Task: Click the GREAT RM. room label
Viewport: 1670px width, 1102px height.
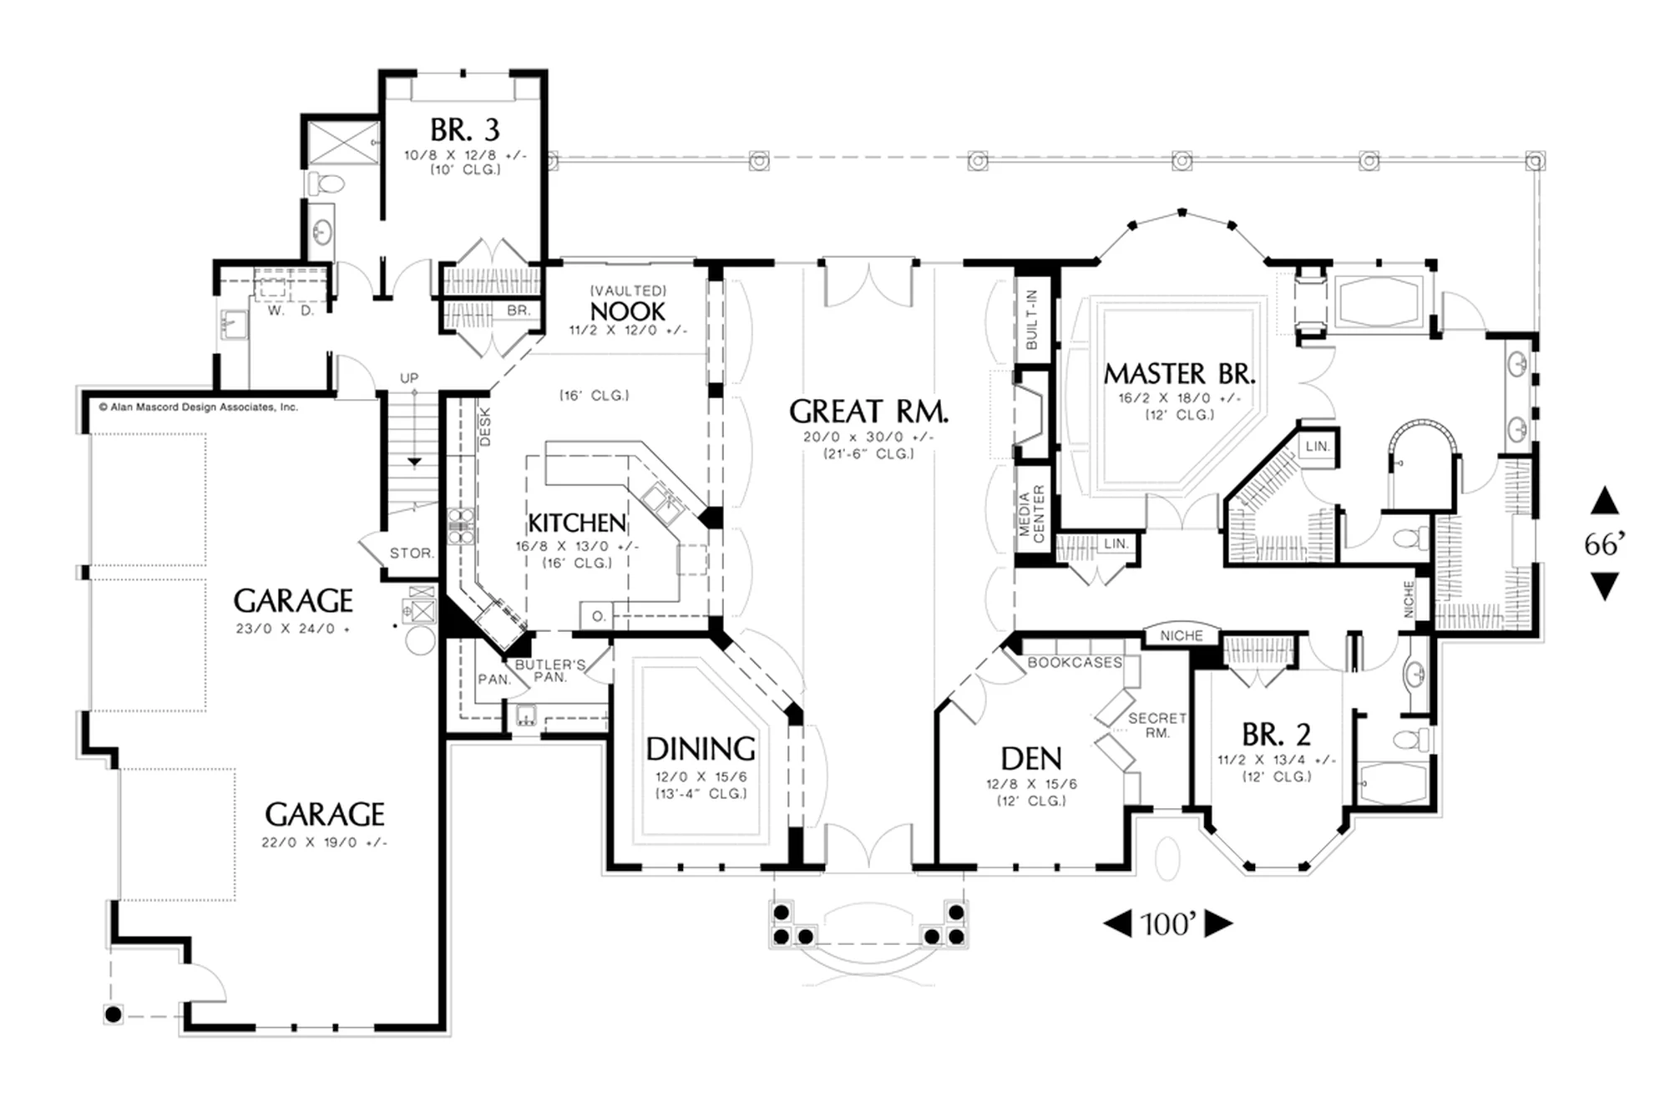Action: pyautogui.click(x=868, y=412)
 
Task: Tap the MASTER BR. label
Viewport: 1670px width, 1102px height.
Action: pyautogui.click(x=1179, y=373)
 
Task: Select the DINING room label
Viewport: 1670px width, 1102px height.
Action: pyautogui.click(x=701, y=749)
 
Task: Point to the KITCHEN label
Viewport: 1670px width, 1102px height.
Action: pyautogui.click(x=577, y=523)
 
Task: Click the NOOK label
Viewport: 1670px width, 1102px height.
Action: pyautogui.click(x=628, y=311)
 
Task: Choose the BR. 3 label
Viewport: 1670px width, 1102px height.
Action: pyautogui.click(x=465, y=130)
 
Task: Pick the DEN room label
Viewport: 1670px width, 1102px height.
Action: pyautogui.click(x=1031, y=759)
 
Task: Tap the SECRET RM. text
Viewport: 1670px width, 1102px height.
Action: pyautogui.click(x=1157, y=725)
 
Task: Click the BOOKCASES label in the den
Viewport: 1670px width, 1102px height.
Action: pyautogui.click(x=1075, y=662)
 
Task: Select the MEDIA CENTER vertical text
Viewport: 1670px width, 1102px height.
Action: pyautogui.click(x=1032, y=513)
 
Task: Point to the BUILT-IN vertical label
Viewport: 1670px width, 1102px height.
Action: pyautogui.click(x=1031, y=320)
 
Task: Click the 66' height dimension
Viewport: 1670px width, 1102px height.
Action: pyautogui.click(x=1604, y=544)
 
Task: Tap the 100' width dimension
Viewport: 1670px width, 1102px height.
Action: pyautogui.click(x=1168, y=923)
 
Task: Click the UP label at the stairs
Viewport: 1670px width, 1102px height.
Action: pyautogui.click(x=409, y=378)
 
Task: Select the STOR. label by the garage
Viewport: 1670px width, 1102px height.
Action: pyautogui.click(x=412, y=554)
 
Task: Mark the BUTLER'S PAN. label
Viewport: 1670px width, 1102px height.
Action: pyautogui.click(x=549, y=670)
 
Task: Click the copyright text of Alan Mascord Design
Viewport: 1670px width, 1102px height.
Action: pyautogui.click(x=198, y=407)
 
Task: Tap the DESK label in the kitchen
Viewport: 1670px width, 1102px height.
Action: pyautogui.click(x=485, y=427)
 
